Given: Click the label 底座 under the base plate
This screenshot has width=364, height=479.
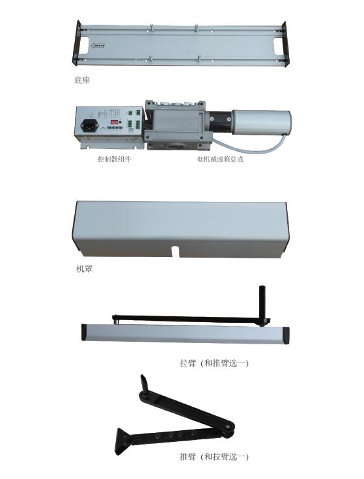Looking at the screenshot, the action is pos(82,80).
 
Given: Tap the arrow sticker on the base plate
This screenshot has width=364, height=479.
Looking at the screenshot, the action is pos(98,46).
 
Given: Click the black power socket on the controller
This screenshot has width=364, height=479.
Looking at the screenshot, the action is pos(88,125).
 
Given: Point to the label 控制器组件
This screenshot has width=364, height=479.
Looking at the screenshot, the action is pos(114,159).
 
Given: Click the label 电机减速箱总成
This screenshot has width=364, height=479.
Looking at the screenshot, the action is pos(220,159).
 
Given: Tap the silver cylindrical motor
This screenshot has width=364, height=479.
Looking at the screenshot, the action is pos(261,122).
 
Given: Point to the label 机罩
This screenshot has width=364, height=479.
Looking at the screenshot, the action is pos(84,269).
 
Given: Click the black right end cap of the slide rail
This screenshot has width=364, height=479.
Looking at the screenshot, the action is pos(285,336).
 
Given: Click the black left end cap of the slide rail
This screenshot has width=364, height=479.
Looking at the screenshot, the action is pos(85,332).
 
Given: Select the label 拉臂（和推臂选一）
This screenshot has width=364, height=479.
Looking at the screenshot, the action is pos(214,363).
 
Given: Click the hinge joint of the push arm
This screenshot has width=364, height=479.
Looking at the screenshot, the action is pos(228,430).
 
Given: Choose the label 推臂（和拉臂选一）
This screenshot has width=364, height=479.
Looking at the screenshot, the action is pos(214,457).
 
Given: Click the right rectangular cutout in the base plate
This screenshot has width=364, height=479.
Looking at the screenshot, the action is pos(278,45).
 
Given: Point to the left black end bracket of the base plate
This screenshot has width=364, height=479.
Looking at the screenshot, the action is pos(76,43).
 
